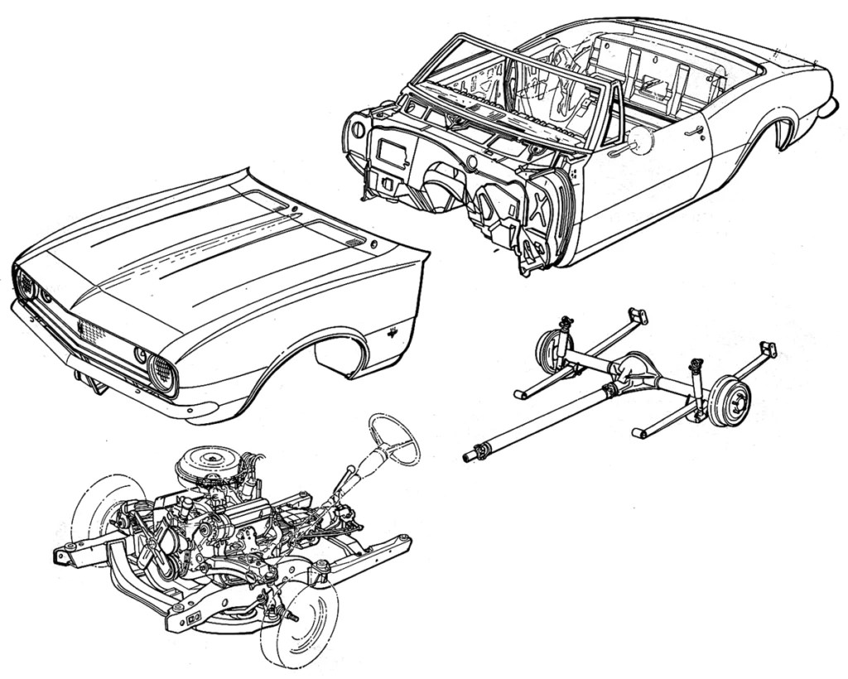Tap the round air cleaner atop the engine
click(x=204, y=458)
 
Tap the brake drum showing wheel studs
click(x=730, y=401)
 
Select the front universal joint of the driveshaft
click(x=474, y=454)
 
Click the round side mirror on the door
click(x=639, y=141)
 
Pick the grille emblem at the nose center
click(x=81, y=325)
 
